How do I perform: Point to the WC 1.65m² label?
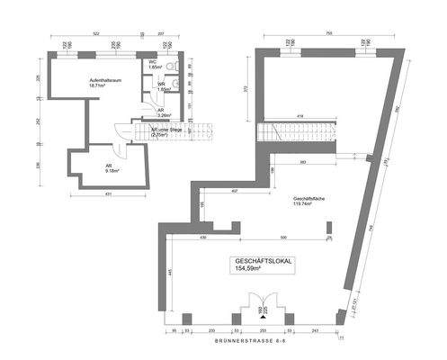155,65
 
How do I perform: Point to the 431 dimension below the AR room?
107,193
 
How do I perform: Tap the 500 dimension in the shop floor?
284,237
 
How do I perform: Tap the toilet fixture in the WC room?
179,66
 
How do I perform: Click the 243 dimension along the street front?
313,331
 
